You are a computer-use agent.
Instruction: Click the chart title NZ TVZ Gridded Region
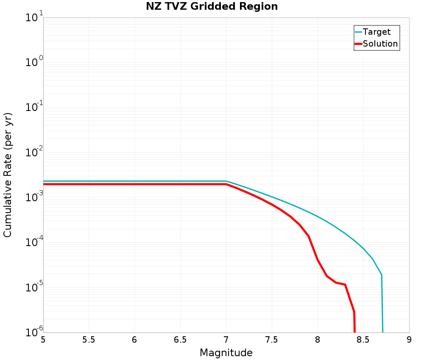tap(212, 7)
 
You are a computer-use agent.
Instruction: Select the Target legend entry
tap(377, 32)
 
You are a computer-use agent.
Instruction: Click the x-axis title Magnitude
tap(226, 352)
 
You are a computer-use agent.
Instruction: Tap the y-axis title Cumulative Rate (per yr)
tap(8, 175)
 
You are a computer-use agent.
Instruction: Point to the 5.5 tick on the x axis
tap(89, 340)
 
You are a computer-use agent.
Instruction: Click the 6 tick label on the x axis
tap(134, 340)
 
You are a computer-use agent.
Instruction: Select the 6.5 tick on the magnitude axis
tap(180, 340)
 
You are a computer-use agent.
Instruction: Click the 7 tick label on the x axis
tap(226, 340)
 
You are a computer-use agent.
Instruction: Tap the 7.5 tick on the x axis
tap(272, 340)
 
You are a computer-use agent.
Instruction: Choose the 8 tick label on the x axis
tap(318, 340)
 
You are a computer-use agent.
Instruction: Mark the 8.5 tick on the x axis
tap(363, 340)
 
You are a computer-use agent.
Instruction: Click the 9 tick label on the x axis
tap(409, 340)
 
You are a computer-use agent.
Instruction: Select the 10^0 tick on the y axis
tap(32, 64)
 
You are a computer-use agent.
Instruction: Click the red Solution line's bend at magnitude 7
tap(226, 184)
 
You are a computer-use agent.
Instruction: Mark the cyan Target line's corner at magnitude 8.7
tap(382, 275)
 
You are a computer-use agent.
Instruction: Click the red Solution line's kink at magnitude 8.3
tap(345, 285)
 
